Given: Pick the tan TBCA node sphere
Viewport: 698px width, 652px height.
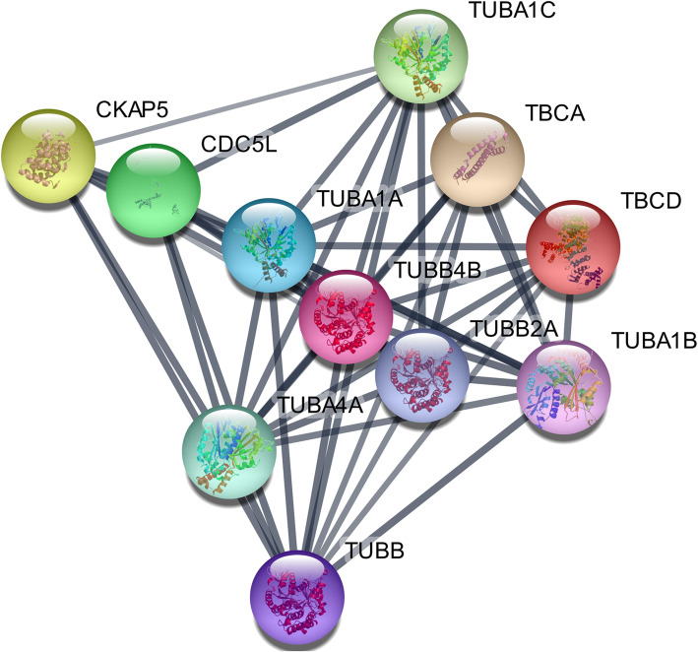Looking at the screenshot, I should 477,159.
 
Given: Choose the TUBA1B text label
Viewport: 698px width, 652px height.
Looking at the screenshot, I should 654,340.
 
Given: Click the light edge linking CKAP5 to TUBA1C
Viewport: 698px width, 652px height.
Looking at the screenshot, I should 236,102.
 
